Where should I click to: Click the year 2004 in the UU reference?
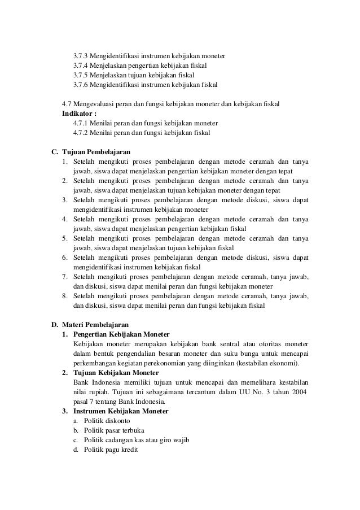[298, 392]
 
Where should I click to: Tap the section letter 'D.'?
[55, 325]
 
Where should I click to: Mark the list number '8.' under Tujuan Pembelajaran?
[65, 296]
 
